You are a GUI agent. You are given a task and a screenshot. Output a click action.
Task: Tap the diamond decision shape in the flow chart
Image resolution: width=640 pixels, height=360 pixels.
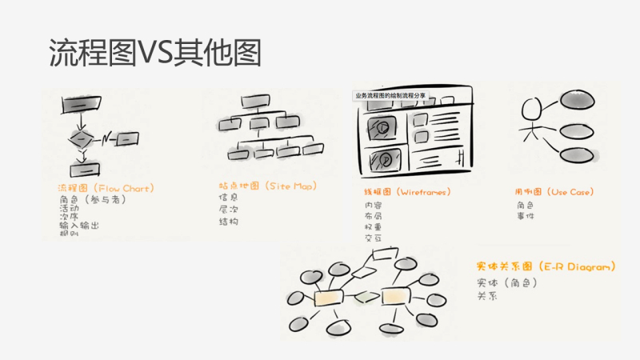[82, 139]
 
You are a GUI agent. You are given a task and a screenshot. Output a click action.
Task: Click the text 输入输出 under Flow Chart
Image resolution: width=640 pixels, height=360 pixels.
[79, 226]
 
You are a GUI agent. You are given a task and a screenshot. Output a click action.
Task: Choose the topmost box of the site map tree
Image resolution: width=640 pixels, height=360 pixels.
[254, 102]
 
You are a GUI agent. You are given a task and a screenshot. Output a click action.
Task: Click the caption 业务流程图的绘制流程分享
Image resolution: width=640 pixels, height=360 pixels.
[391, 95]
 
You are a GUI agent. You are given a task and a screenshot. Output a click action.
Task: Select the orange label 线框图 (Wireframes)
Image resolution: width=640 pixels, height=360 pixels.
[407, 192]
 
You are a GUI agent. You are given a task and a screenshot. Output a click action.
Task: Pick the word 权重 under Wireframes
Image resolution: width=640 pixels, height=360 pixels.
[373, 227]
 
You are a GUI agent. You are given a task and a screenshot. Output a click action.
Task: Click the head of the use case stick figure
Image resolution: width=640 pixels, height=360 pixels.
[531, 109]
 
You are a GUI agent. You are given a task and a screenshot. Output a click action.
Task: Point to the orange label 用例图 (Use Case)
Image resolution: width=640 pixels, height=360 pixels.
[553, 192]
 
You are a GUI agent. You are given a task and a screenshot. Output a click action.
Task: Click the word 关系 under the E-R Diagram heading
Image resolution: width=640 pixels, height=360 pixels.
[487, 295]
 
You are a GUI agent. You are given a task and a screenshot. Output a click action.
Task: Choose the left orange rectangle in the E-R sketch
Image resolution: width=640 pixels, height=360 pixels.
[329, 298]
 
